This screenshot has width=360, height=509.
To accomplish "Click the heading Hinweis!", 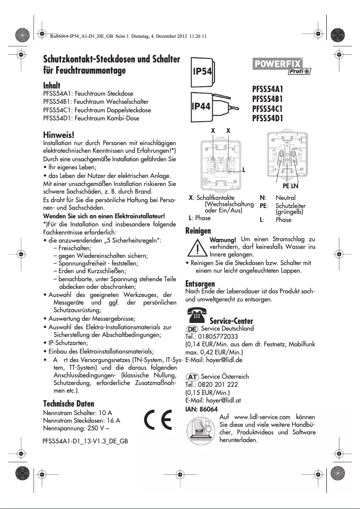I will click(x=58, y=135).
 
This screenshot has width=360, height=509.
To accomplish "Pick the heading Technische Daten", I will click(x=69, y=403).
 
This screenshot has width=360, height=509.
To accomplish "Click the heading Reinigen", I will click(x=198, y=231).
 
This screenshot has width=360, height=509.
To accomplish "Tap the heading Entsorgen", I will click(x=200, y=284).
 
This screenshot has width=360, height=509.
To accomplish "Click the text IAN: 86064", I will click(x=202, y=409).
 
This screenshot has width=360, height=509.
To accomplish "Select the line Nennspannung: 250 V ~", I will click(x=77, y=428).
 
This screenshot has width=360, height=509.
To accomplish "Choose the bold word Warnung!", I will click(x=223, y=239).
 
